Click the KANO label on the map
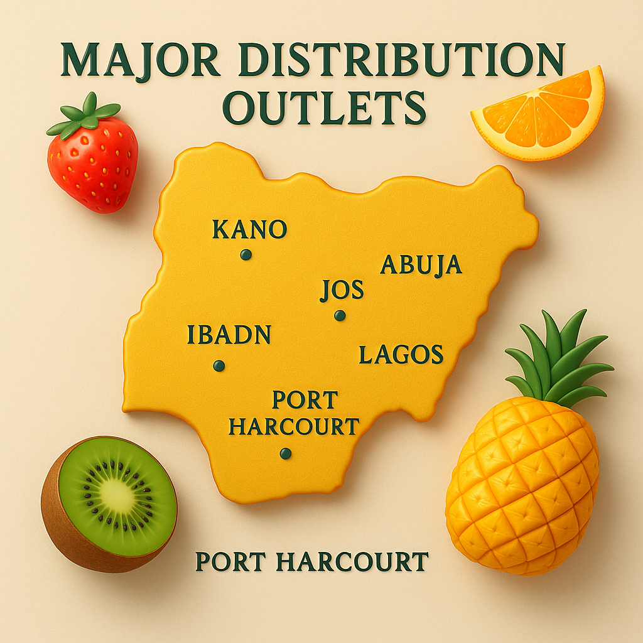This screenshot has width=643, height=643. (249, 230)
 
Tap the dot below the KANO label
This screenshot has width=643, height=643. (246, 255)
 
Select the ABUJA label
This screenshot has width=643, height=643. (421, 266)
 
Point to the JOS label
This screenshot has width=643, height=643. (342, 291)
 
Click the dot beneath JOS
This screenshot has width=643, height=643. (340, 315)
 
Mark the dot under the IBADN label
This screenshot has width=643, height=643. (219, 365)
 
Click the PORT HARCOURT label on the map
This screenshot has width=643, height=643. (294, 413)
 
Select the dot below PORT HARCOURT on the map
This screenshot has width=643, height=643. (286, 453)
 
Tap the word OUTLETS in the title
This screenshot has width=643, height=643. (324, 108)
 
